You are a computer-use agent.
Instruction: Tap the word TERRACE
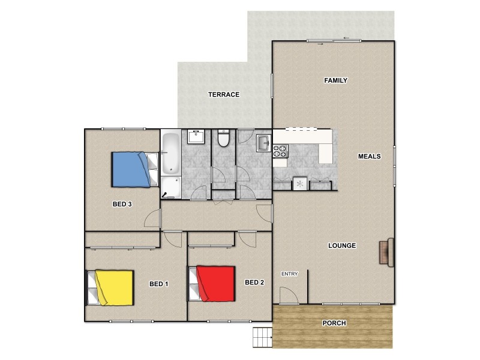(224, 95)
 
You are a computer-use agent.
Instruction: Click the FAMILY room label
(336, 80)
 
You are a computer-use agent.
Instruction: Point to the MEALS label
(370, 157)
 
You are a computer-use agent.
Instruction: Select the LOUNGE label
(343, 245)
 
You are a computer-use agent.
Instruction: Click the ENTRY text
(290, 274)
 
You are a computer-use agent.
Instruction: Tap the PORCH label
(334, 323)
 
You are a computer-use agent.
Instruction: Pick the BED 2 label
(254, 282)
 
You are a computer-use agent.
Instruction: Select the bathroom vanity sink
(196, 137)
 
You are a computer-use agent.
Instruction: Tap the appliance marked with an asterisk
(299, 184)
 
